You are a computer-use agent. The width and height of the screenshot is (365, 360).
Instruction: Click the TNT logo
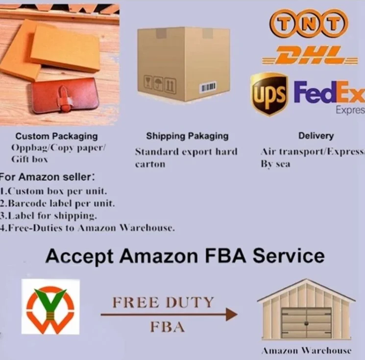[x=309, y=23]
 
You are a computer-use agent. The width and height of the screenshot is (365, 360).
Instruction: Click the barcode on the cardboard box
[x=207, y=87]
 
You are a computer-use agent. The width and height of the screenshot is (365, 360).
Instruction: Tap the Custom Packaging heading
[x=56, y=136]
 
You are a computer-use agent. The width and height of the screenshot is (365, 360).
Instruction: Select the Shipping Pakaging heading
[x=187, y=136]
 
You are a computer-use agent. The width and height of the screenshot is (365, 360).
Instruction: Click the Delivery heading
[x=316, y=136]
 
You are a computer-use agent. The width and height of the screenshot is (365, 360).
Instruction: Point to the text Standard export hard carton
[x=186, y=157]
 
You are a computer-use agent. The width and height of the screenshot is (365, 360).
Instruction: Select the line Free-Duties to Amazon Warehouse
[x=88, y=228]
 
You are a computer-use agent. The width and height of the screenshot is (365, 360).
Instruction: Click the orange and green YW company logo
[x=50, y=307]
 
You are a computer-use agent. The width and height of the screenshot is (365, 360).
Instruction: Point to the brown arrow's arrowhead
[x=231, y=314]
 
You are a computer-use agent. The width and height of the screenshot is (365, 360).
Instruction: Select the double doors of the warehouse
[x=306, y=322]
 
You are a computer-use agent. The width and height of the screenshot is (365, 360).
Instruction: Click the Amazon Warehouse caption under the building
[x=306, y=350]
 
